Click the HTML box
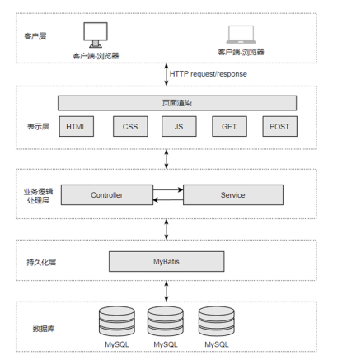(x=77, y=126)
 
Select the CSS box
(x=130, y=126)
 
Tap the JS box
(x=179, y=126)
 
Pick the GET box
(x=229, y=126)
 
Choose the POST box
(x=279, y=126)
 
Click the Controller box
(x=107, y=194)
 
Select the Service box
(x=233, y=194)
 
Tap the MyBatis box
(x=166, y=261)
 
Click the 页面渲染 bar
(x=177, y=103)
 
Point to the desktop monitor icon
(x=96, y=35)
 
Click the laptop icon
(x=241, y=35)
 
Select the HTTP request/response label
(x=209, y=74)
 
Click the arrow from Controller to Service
(x=168, y=189)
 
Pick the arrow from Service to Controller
(x=168, y=200)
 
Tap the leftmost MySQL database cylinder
(x=117, y=321)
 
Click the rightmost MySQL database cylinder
(x=217, y=321)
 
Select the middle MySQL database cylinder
(x=166, y=321)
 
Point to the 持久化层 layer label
(x=41, y=262)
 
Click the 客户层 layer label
(x=35, y=35)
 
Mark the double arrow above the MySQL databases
(x=166, y=291)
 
